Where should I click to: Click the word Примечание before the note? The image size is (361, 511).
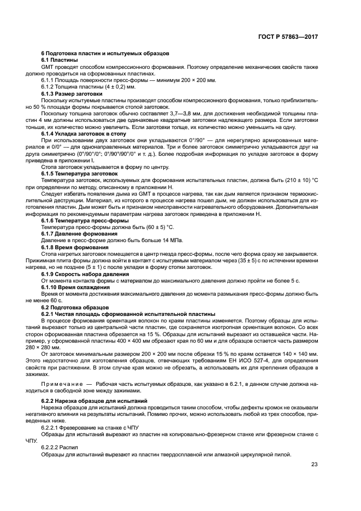click(x=63, y=385)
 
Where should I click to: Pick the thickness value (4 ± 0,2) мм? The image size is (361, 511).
click(x=113, y=87)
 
